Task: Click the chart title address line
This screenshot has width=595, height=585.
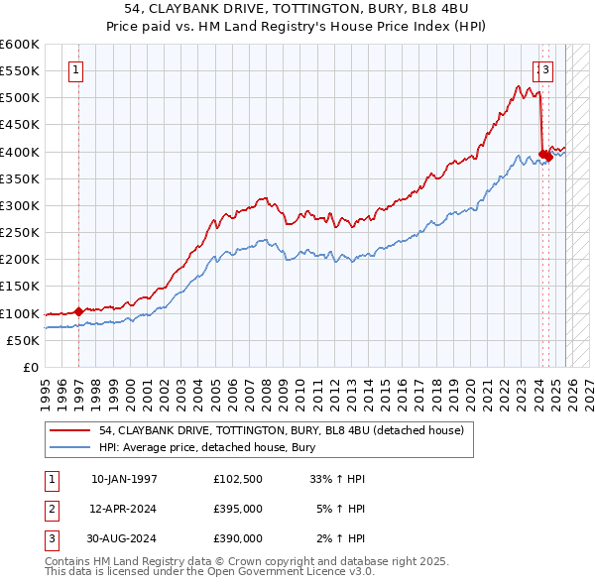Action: coord(297,9)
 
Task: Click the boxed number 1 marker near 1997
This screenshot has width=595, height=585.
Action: coord(77,69)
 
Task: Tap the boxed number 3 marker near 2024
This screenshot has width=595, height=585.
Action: coord(546,69)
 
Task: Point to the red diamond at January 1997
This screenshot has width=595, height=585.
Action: coord(78,311)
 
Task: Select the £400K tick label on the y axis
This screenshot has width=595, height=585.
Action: coord(20,152)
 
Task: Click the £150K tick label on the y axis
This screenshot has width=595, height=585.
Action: coord(20,287)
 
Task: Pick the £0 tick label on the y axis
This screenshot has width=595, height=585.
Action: coord(32,367)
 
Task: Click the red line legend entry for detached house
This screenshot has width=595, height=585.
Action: coord(281,431)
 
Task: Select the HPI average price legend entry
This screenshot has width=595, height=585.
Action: coord(206,448)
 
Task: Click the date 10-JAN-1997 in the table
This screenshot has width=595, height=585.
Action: coord(124,479)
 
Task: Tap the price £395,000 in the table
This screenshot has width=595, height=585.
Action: coord(238,509)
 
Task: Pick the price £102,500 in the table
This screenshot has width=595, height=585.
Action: coord(238,479)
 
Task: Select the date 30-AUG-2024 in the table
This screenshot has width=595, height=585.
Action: coord(124,538)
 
